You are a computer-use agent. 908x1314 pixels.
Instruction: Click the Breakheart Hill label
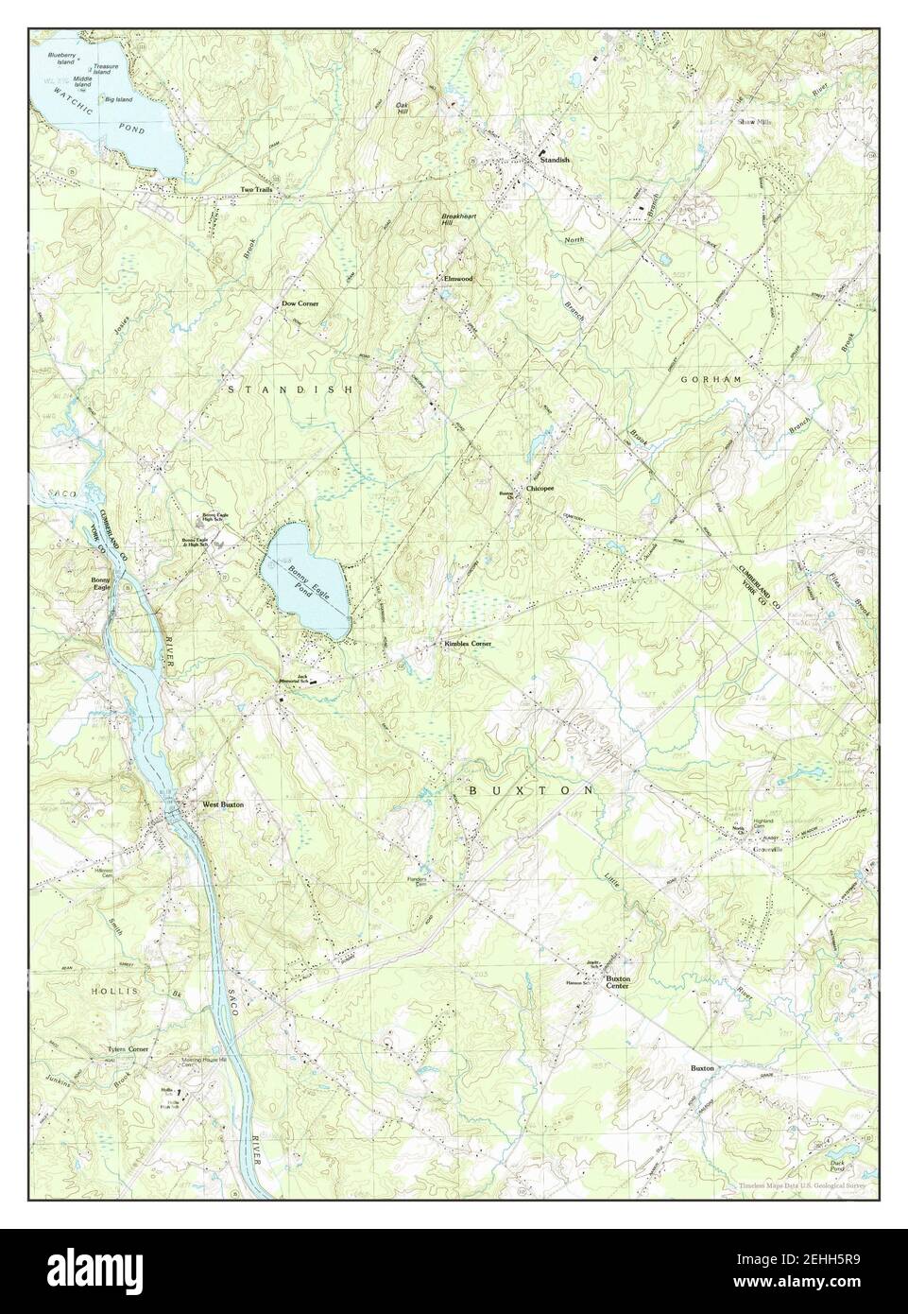coord(455,219)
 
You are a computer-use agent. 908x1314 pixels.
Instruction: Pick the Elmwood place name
coord(457,279)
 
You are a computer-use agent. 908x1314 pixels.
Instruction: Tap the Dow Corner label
coord(300,303)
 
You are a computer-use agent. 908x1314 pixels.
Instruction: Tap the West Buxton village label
coord(223,804)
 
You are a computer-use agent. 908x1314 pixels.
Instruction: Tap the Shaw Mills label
coord(755,122)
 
